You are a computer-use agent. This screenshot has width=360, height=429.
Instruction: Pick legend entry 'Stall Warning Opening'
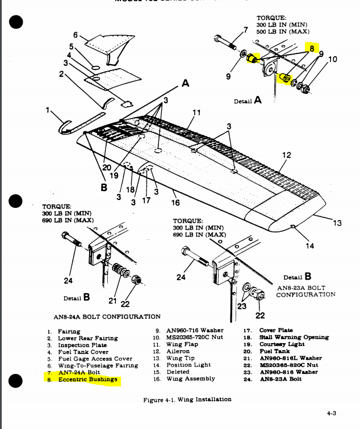click(x=294, y=337)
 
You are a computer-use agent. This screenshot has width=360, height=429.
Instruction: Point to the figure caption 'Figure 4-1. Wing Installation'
click(x=187, y=399)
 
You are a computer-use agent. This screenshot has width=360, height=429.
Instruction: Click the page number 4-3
click(x=334, y=414)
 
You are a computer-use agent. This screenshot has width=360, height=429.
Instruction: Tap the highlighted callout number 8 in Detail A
click(x=312, y=49)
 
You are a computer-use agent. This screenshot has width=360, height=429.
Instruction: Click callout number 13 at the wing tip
click(x=337, y=223)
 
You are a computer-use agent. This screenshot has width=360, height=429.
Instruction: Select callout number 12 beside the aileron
click(x=286, y=155)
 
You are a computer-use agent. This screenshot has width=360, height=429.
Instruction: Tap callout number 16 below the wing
click(x=175, y=202)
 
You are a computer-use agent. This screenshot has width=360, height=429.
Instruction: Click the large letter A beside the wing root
click(x=185, y=84)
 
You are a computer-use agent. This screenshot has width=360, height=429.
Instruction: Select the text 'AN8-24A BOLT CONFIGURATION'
click(x=107, y=316)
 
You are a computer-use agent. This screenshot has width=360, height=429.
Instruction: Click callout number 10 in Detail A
click(x=333, y=59)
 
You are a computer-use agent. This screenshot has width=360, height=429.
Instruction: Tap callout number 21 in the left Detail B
click(x=112, y=301)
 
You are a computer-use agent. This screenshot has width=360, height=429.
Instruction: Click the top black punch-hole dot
click(x=16, y=22)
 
